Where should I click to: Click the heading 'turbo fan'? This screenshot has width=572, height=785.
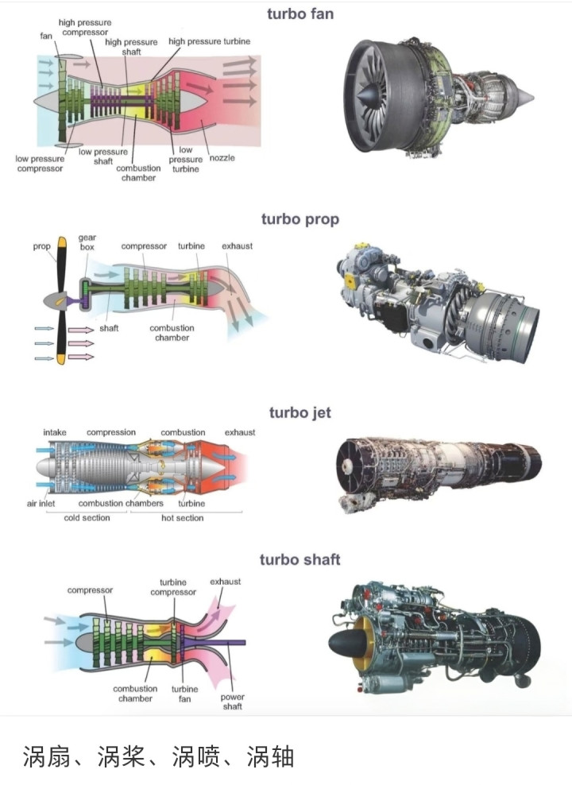coord(300,13)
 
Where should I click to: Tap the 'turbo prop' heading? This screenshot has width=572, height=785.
coord(300,218)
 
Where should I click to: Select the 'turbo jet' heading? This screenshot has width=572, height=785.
coord(300,412)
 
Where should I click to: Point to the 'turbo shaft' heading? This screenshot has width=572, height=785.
coord(300,559)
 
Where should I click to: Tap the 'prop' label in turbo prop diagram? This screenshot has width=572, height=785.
coord(41,246)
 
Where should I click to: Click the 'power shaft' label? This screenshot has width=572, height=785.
coord(232,702)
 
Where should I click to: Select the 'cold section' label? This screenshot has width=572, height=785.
coord(87,518)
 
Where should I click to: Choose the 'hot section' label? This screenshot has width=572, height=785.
coord(183,518)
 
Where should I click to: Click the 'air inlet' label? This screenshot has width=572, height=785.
coord(43,503)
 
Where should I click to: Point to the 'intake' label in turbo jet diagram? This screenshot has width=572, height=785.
coord(55,432)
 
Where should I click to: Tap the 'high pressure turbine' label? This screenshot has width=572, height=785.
coord(209,41)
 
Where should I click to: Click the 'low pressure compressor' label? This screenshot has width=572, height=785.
coord(40,163)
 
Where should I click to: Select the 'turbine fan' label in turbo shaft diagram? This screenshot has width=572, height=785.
coord(185,694)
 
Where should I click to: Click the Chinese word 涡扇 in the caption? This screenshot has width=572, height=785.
coord(44,756)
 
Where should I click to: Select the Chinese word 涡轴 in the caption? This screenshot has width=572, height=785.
coord(270,756)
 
